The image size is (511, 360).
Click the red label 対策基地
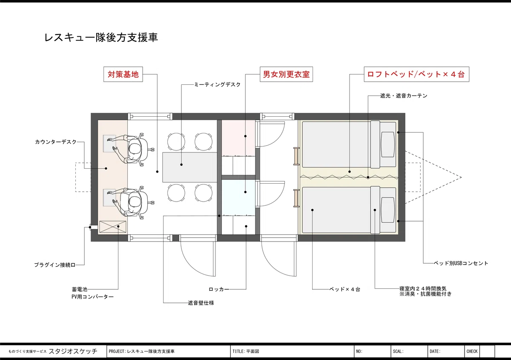(x=123, y=74)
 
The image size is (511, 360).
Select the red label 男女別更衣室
(x=286, y=74)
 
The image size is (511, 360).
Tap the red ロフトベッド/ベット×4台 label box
(x=416, y=74)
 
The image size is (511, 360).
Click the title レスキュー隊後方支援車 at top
(x=101, y=37)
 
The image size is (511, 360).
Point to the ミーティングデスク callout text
(x=218, y=84)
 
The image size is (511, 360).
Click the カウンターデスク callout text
(x=56, y=142)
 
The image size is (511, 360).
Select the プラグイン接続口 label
(x=55, y=265)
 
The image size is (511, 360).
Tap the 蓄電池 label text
(x=80, y=289)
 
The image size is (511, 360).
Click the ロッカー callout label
(x=219, y=289)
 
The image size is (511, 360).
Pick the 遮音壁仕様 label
(x=201, y=303)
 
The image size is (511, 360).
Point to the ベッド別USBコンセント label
(x=461, y=263)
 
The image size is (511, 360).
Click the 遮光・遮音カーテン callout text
(x=404, y=96)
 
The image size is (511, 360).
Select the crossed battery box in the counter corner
(x=113, y=227)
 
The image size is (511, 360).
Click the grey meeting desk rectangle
(x=189, y=167)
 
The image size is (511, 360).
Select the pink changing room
(x=238, y=138)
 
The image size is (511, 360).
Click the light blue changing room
(x=238, y=197)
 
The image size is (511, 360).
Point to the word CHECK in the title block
(x=472, y=351)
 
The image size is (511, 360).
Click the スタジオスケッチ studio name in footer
(x=73, y=351)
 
